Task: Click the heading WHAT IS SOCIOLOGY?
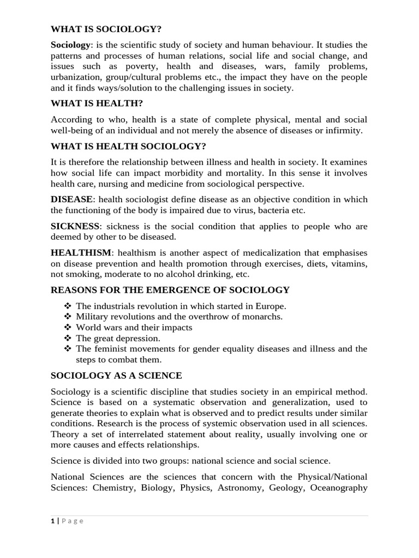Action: tap(106, 29)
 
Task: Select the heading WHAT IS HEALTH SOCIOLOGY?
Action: tap(128, 146)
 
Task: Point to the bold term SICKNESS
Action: tap(75, 226)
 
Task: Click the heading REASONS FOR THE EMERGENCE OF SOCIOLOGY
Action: tap(170, 290)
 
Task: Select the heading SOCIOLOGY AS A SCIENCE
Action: tap(116, 376)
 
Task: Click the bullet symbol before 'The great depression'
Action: tap(68, 338)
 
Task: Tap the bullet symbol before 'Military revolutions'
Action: tap(68, 317)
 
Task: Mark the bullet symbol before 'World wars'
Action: tap(68, 327)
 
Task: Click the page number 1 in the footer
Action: tap(53, 521)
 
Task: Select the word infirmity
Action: tap(343, 130)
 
